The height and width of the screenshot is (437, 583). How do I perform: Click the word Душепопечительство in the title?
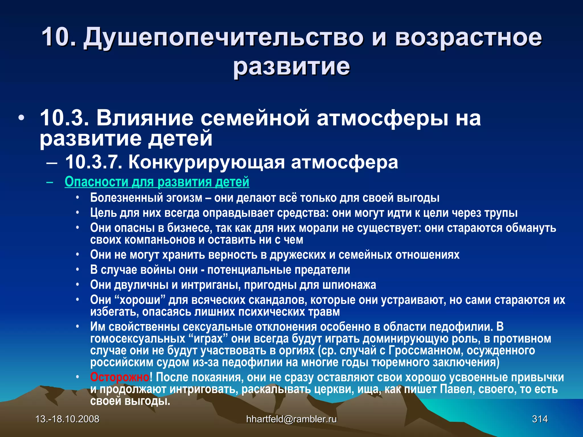tap(223, 38)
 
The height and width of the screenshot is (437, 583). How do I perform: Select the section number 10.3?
tap(64, 118)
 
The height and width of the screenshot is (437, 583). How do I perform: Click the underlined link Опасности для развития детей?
tap(157, 182)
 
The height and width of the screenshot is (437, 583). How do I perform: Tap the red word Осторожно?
tap(120, 377)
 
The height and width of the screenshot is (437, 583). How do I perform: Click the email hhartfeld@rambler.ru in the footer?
tap(291, 419)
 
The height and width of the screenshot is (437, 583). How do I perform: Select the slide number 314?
tap(540, 419)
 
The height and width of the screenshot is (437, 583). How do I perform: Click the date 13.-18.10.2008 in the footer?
tap(67, 419)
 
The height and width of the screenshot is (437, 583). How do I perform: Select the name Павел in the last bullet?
tap(457, 389)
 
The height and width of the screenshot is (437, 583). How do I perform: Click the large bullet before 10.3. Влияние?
tap(21, 118)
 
